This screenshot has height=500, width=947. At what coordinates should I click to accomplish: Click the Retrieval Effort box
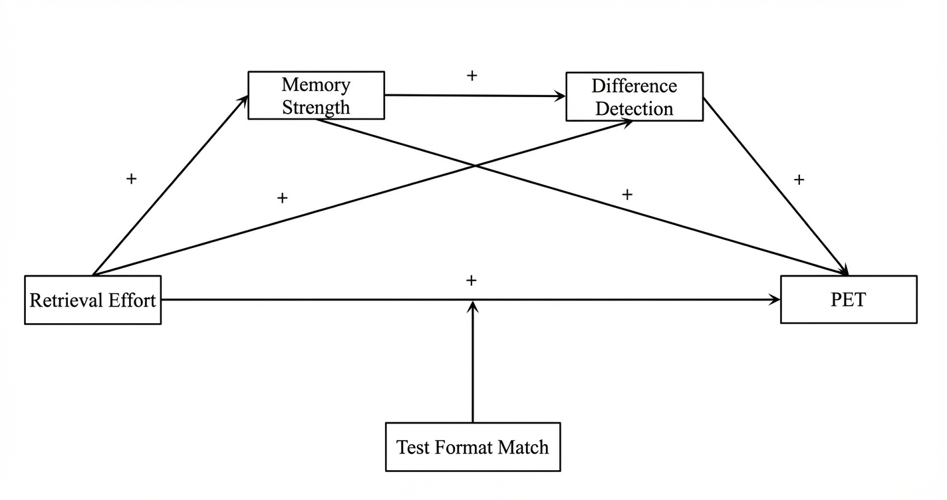pyautogui.click(x=92, y=300)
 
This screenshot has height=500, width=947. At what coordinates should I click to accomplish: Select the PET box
pyautogui.click(x=849, y=299)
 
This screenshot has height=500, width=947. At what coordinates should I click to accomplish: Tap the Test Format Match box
pyautogui.click(x=473, y=447)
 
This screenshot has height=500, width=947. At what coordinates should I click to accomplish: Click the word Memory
pyautogui.click(x=316, y=85)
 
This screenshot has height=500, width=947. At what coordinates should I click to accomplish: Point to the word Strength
pyautogui.click(x=316, y=107)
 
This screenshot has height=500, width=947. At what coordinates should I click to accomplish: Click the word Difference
pyautogui.click(x=634, y=86)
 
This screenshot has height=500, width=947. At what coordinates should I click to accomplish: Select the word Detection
pyautogui.click(x=634, y=108)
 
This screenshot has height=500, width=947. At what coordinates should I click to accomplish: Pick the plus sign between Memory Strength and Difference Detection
pyautogui.click(x=472, y=76)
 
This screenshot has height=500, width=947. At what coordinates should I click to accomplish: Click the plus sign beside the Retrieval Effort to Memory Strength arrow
pyautogui.click(x=132, y=179)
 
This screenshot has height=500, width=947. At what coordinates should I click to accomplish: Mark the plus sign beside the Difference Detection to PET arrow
pyautogui.click(x=799, y=180)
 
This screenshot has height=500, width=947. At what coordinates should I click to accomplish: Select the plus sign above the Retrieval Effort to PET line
pyautogui.click(x=472, y=280)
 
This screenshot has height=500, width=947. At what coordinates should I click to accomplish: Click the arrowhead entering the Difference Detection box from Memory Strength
pyautogui.click(x=561, y=96)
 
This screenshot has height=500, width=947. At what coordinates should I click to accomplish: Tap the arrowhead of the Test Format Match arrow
pyautogui.click(x=473, y=306)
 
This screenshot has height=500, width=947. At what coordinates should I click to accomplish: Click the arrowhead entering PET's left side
pyautogui.click(x=775, y=300)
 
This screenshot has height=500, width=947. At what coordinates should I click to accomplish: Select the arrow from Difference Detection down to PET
pyautogui.click(x=776, y=186)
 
